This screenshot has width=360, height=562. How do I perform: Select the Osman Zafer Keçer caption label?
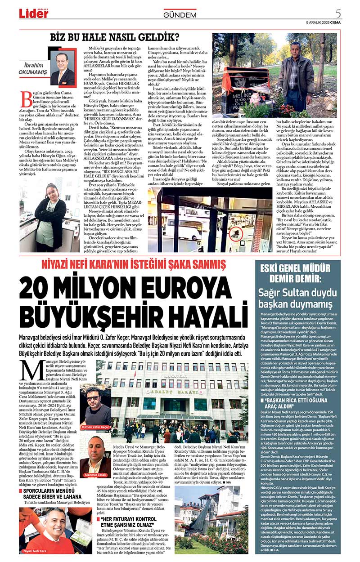95,426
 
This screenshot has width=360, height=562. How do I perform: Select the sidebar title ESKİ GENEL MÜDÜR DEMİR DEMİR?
297,271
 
